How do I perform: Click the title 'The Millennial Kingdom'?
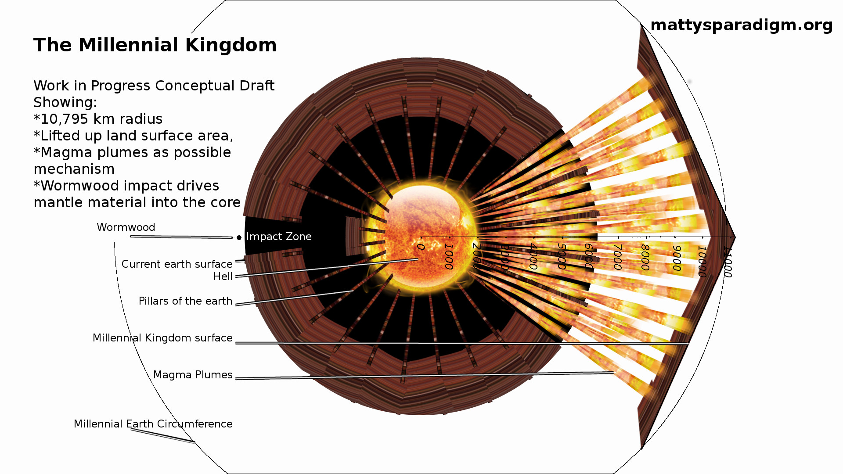155,45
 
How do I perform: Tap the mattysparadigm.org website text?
741,25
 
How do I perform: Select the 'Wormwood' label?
126,227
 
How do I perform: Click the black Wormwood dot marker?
239,237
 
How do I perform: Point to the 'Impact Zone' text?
279,237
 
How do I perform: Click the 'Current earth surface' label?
177,264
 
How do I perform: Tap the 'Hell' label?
223,276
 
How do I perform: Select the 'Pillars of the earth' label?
185,301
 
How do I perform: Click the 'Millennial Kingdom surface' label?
162,338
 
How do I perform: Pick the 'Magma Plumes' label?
193,375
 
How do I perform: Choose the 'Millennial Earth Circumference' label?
153,424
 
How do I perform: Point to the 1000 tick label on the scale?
448,256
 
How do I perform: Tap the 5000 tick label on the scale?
561,256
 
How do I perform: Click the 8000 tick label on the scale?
645,258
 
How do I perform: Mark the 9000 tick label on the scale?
677,258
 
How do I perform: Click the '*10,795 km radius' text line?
98,119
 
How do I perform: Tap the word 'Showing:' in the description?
65,103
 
